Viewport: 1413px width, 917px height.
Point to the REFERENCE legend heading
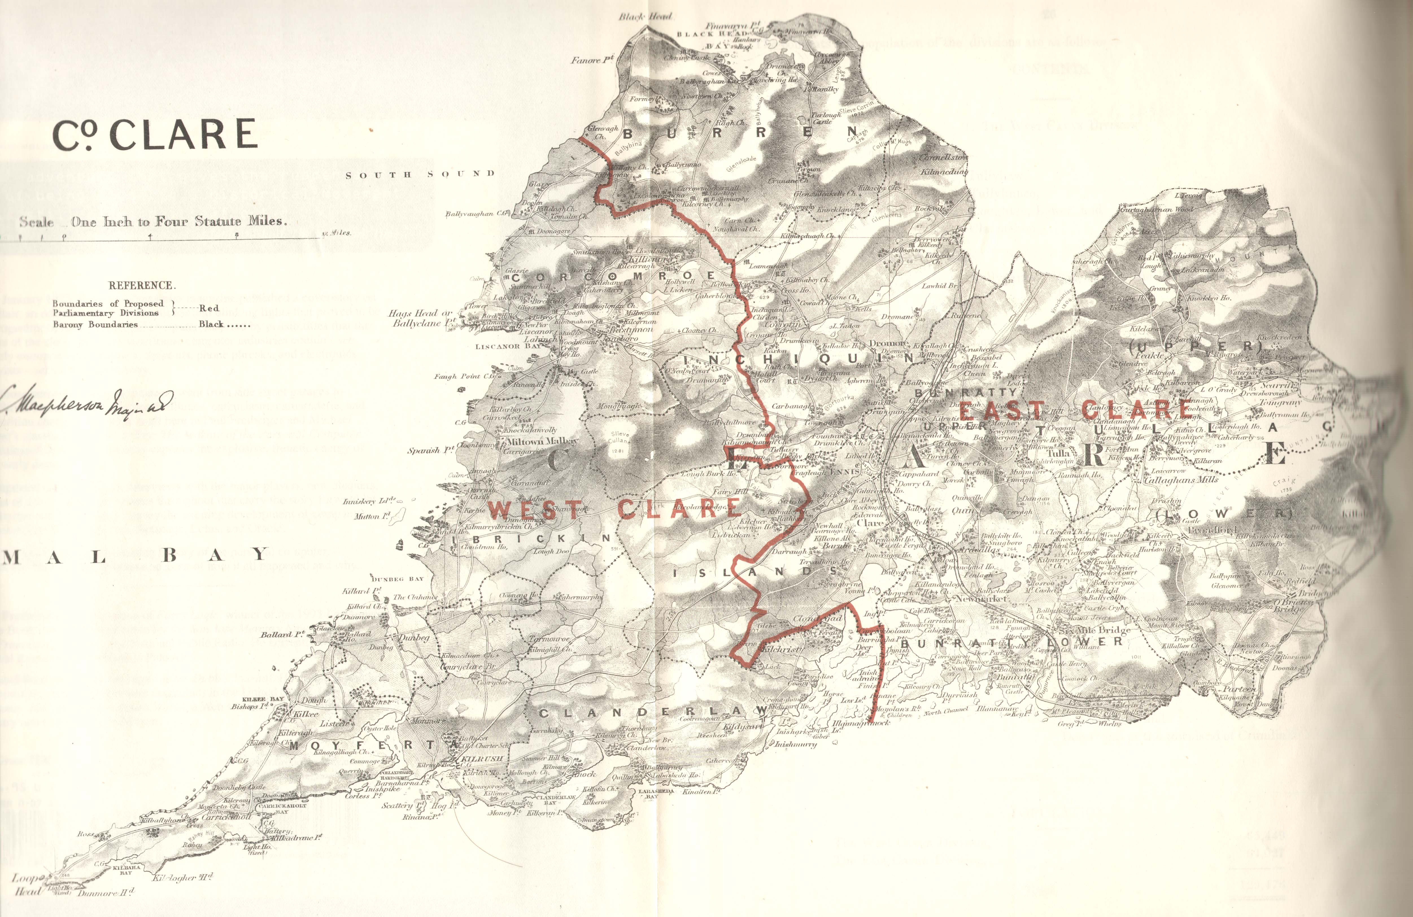tap(141, 285)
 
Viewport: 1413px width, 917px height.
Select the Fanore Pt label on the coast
tap(592, 60)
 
